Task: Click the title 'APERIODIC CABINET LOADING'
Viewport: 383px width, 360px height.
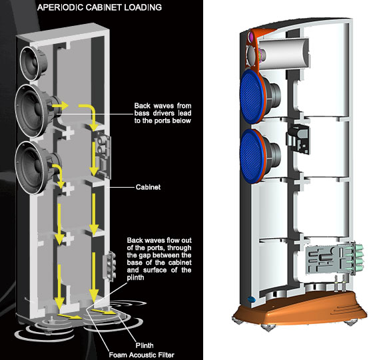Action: point(99,7)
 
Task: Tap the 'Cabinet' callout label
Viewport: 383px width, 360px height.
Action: point(149,187)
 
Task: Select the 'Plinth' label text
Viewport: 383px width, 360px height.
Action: point(145,345)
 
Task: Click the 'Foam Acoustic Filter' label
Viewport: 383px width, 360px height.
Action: point(142,355)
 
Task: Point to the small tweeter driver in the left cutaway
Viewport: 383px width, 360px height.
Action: point(33,63)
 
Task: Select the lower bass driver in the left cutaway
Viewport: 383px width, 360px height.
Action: point(37,168)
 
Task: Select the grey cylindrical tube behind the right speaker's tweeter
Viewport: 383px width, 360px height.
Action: point(283,53)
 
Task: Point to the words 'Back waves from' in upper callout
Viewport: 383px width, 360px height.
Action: point(163,106)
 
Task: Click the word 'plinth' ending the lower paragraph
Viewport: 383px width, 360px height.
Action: point(135,277)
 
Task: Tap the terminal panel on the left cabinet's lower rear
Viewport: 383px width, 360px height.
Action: point(109,266)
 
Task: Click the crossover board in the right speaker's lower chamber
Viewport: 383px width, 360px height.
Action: point(326,260)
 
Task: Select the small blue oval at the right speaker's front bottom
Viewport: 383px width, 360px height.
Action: point(251,299)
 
